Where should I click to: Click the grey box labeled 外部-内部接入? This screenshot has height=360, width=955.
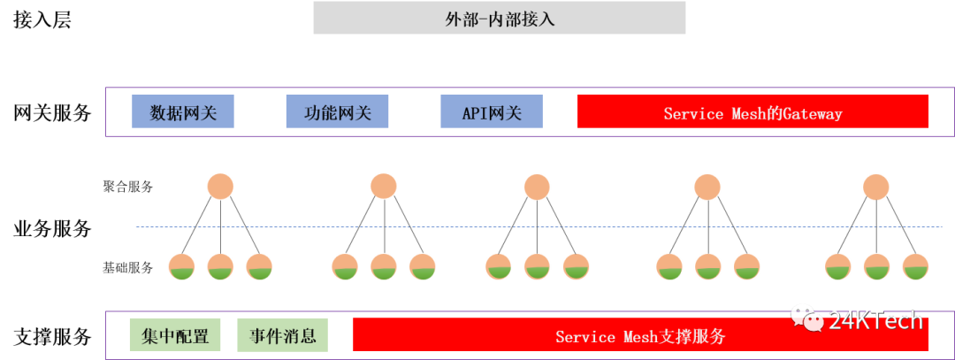(x=499, y=18)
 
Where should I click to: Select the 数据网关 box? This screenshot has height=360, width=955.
(x=181, y=112)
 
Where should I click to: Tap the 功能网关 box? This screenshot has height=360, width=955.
(x=336, y=112)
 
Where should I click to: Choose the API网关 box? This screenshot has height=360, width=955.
(x=491, y=112)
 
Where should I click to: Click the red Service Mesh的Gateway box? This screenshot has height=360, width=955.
(x=752, y=112)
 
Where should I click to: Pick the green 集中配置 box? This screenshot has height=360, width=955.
(x=175, y=336)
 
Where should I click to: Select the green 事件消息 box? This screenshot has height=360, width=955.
(x=282, y=336)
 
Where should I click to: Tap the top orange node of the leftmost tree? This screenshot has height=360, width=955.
(x=220, y=187)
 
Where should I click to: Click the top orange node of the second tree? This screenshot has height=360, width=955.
(x=383, y=187)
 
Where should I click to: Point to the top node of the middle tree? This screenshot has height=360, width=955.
(x=537, y=187)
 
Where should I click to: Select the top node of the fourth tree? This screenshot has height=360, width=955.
(x=707, y=187)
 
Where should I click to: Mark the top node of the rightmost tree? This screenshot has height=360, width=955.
(x=875, y=187)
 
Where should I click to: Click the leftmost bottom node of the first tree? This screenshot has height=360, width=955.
(x=181, y=265)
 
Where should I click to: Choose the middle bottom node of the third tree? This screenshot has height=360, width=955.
(x=537, y=265)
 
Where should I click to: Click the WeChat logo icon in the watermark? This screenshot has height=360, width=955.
(x=806, y=318)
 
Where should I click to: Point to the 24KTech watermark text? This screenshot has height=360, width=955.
(x=875, y=320)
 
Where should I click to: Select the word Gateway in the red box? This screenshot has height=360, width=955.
(x=812, y=113)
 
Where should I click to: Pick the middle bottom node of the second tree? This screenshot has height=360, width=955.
(x=383, y=265)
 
